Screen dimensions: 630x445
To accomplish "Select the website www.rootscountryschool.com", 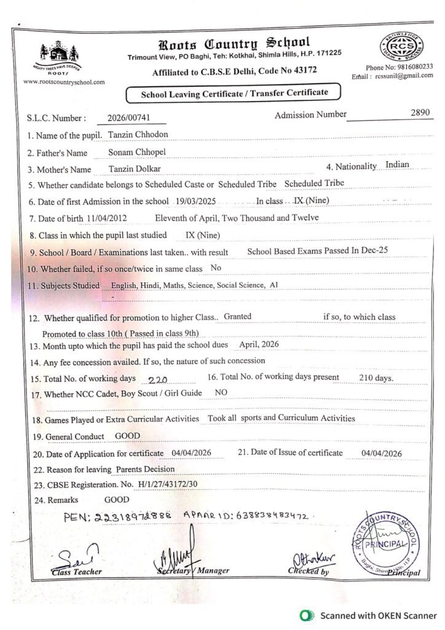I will pos(63,81).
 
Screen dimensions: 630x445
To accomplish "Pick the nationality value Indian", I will pos(397,165).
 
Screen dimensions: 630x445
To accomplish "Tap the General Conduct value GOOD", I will pos(127,436).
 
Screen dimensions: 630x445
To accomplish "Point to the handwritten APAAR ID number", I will pos(270,516).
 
